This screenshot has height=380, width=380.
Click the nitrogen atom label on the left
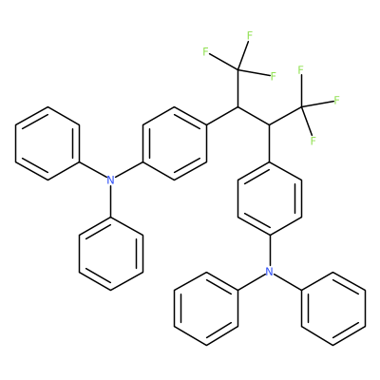110,180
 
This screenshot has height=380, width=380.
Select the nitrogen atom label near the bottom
269,272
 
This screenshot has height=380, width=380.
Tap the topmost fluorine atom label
250,35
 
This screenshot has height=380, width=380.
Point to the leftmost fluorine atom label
205,51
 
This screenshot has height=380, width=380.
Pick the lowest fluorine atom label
313,141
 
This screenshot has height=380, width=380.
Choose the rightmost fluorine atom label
337,100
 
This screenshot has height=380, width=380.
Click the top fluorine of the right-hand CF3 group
301,69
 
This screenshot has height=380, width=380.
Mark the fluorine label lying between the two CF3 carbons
274,76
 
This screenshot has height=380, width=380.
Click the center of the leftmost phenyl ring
47,143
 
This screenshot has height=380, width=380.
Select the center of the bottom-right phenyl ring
333,308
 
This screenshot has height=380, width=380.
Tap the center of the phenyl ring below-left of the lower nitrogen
206,308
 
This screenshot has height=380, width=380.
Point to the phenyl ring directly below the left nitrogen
111,254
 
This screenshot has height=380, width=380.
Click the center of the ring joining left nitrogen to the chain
175,143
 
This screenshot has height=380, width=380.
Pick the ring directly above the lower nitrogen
270,199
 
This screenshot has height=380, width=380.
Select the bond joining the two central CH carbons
254,116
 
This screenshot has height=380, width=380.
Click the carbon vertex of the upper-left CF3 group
237,70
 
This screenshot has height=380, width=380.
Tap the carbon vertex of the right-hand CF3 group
301,107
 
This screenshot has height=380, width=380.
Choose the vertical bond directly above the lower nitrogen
270,251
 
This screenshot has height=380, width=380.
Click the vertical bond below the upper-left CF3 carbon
237,88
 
